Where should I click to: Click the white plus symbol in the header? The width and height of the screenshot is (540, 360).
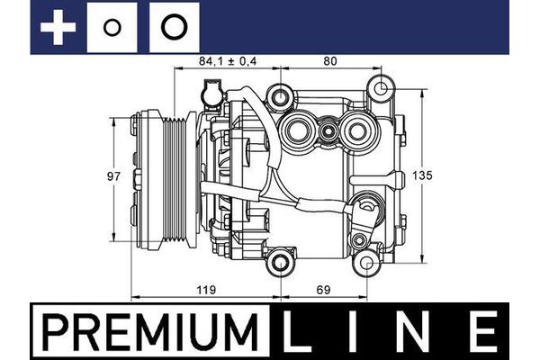(58, 28)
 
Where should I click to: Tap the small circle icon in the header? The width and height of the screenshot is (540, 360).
(112, 28)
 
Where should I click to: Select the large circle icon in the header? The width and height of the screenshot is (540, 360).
(174, 28)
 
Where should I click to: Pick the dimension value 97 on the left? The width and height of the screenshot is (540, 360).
(113, 177)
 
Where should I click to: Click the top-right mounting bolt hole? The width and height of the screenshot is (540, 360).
(382, 89)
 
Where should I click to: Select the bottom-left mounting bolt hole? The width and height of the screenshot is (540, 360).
(283, 263)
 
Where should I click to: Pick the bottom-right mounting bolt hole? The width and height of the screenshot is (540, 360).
(366, 262)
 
